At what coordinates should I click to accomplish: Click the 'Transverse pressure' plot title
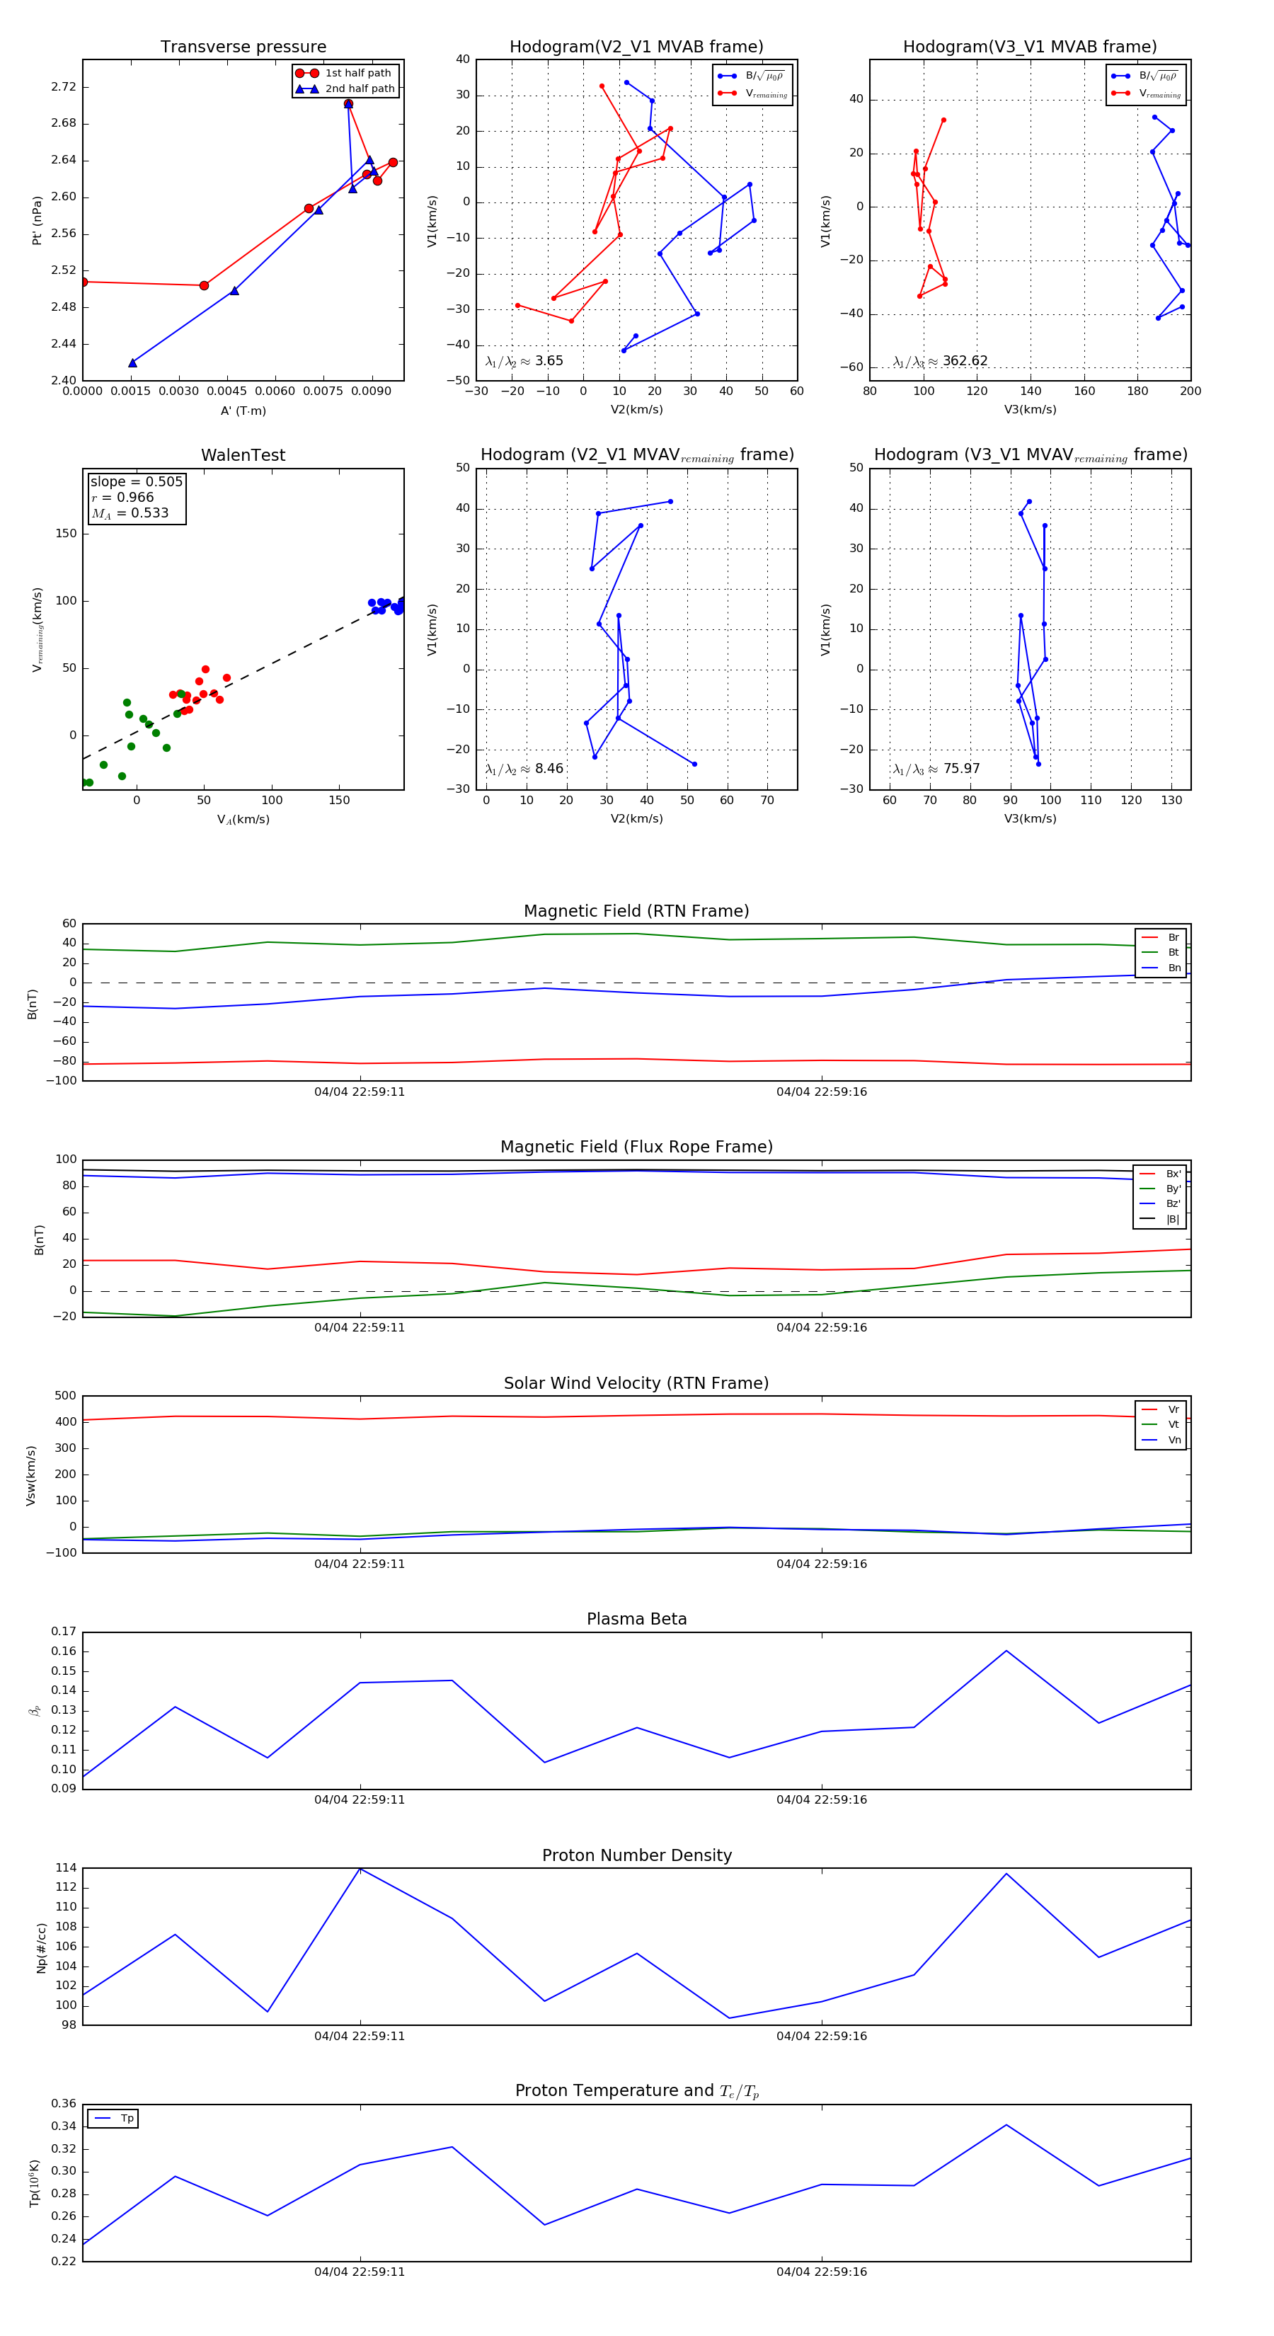(243, 47)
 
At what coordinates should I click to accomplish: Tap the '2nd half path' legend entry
(359, 89)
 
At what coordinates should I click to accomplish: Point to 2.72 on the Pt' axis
(64, 87)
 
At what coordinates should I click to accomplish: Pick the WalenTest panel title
(243, 455)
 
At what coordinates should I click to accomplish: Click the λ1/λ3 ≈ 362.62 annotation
(941, 361)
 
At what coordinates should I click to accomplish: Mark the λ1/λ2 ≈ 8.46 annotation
(524, 769)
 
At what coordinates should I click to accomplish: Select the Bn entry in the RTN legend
(1173, 968)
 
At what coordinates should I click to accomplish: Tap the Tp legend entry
(126, 2119)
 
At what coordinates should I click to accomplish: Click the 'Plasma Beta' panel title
(636, 1620)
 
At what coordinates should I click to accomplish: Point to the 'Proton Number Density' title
(636, 1855)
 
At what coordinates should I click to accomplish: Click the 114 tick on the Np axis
(65, 1868)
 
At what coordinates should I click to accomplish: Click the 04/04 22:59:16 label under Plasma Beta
(820, 1799)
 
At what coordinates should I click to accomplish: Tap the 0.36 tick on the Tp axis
(64, 2104)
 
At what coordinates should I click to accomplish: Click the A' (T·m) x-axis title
(243, 411)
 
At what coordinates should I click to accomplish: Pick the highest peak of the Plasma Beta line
(1006, 1651)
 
